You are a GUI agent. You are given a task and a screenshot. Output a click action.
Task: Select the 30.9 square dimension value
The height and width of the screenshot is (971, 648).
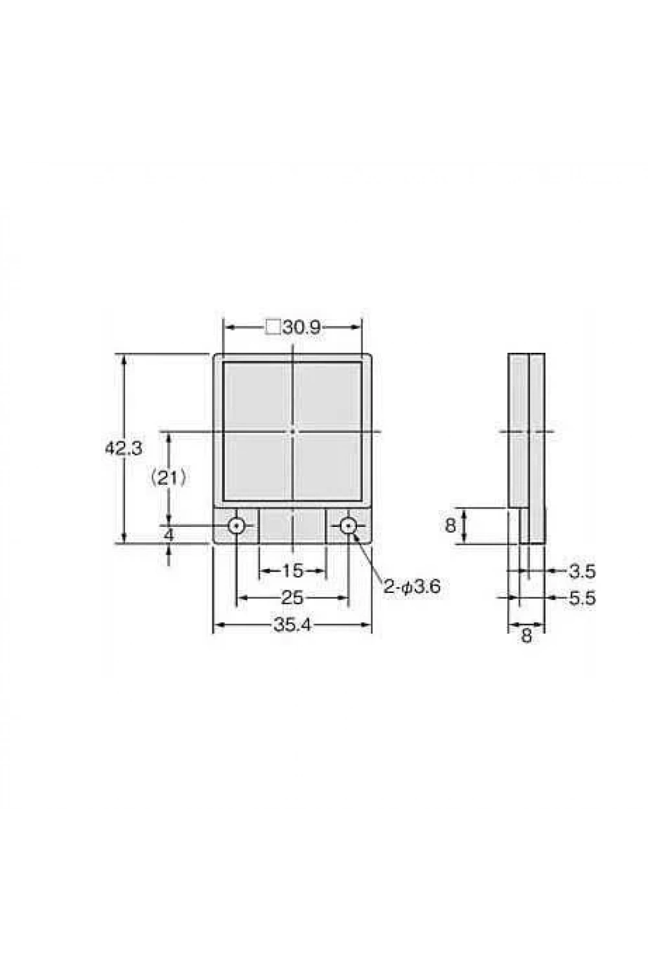tap(302, 328)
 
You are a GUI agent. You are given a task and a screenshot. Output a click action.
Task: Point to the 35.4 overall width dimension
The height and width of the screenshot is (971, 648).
tap(292, 625)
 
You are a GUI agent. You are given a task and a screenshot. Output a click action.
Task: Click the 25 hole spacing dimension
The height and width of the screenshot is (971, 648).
tap(292, 598)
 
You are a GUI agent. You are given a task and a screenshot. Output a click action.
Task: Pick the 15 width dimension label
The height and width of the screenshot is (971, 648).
tap(292, 571)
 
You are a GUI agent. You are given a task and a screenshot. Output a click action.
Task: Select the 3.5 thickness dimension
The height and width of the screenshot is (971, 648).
tap(582, 572)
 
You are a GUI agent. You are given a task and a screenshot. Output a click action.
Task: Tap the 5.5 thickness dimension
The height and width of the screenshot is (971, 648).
tap(582, 599)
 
